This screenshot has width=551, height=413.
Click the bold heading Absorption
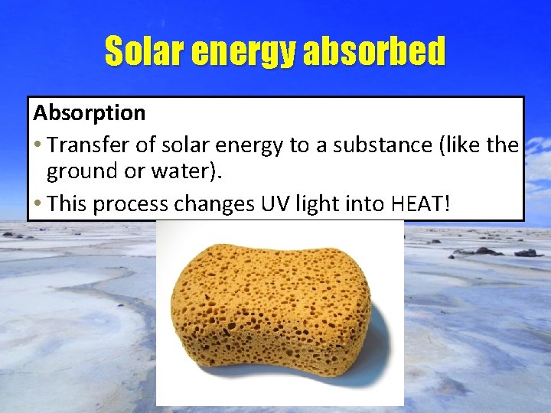[x=89, y=113]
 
